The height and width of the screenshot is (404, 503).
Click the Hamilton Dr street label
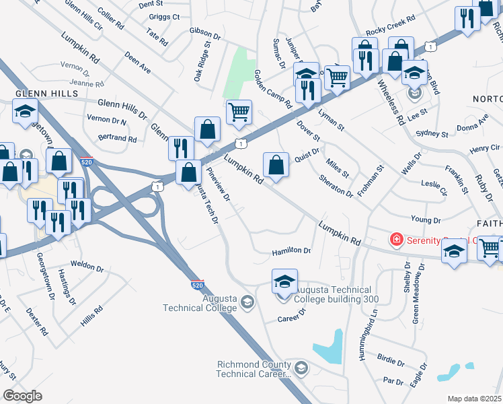click(291, 251)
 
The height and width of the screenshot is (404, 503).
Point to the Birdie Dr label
click(391, 360)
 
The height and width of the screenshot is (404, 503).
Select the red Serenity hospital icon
click(397, 239)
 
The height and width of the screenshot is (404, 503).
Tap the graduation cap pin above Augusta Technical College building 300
click(284, 280)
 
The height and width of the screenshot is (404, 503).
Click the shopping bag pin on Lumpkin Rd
click(276, 164)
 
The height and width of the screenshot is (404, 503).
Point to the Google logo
click(22, 396)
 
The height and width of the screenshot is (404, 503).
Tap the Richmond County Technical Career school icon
click(301, 368)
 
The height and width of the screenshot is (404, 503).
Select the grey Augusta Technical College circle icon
click(247, 301)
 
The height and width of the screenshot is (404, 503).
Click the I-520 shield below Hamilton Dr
click(197, 285)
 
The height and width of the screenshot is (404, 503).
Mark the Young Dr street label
click(425, 220)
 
